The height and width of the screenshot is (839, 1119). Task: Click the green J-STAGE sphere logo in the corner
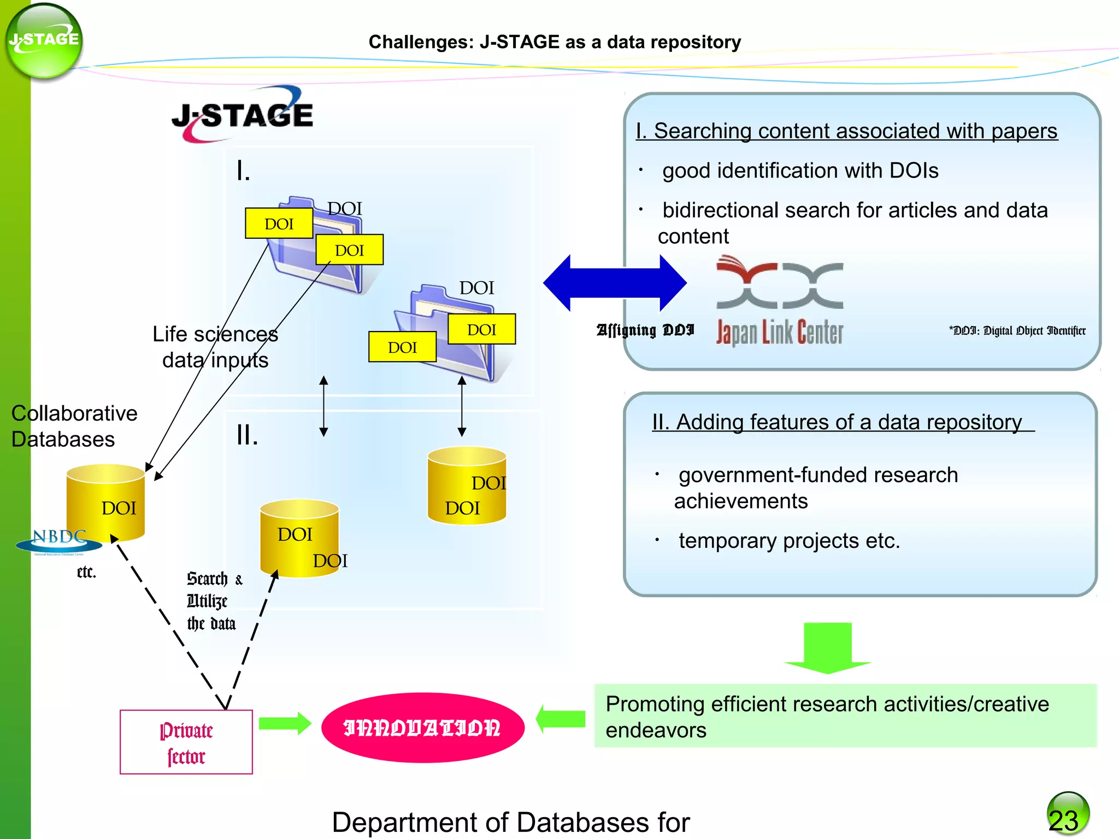(44, 41)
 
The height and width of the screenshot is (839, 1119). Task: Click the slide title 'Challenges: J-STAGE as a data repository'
(555, 42)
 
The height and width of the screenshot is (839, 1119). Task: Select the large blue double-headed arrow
(615, 283)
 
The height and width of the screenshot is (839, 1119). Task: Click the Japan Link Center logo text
(780, 332)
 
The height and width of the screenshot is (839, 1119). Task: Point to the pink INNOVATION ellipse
(422, 728)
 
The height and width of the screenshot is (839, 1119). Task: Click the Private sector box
(186, 742)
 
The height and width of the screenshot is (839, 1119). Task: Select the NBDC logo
(59, 541)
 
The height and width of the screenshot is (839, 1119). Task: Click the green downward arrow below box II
(828, 647)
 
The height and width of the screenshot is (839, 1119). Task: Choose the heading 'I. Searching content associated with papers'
(846, 131)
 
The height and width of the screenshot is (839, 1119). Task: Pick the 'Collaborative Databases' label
(74, 426)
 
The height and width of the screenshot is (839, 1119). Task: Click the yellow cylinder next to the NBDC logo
(106, 503)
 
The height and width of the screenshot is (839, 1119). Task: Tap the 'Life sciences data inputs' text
(215, 347)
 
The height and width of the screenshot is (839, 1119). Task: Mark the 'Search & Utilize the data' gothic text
(213, 601)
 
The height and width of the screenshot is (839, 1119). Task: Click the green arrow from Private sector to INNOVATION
(284, 724)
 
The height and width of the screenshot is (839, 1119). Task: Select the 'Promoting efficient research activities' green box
(845, 716)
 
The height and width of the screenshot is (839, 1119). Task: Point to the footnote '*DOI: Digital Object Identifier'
(1017, 330)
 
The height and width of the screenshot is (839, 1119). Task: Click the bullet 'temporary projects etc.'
(788, 541)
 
